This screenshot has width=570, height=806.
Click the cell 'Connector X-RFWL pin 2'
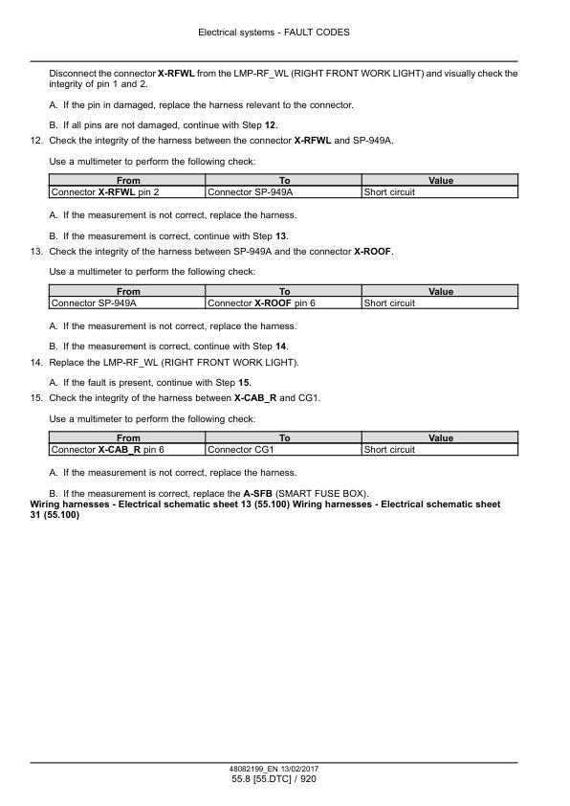coord(104,192)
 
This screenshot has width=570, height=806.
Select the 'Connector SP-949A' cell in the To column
coord(249,192)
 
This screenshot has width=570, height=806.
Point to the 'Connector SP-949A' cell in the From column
coord(92,303)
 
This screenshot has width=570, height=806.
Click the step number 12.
coord(37,140)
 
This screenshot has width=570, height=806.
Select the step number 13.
coord(37,251)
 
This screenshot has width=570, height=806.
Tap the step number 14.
coord(37,362)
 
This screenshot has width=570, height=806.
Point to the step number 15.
coord(37,397)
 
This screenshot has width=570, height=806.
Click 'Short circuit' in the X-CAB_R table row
coord(389,449)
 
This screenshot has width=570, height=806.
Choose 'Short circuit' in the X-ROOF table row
coord(389,303)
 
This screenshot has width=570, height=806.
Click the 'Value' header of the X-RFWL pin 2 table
coord(440,181)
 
